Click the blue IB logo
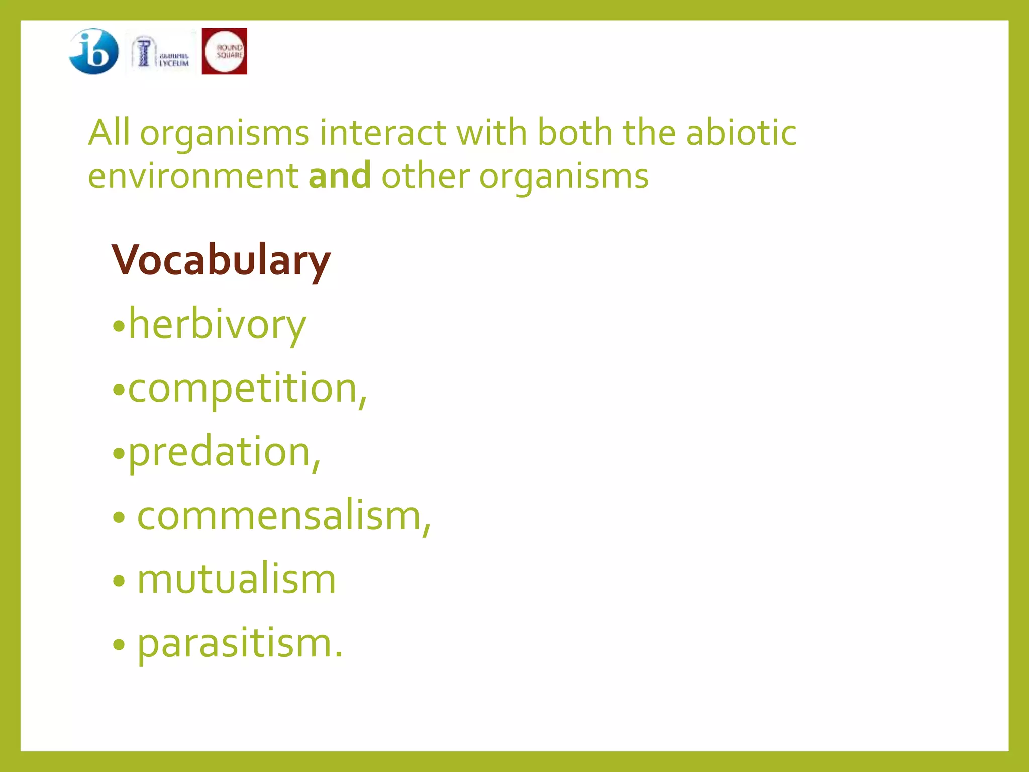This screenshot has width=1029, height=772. click(x=93, y=51)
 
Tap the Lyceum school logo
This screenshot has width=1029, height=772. click(x=160, y=53)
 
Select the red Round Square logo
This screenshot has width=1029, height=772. click(x=224, y=51)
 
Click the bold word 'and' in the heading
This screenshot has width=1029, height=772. click(x=340, y=176)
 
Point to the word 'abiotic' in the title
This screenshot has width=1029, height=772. click(x=741, y=133)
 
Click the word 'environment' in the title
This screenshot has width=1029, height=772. click(x=193, y=176)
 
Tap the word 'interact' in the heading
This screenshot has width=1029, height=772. click(x=382, y=133)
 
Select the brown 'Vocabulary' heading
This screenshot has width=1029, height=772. click(x=221, y=261)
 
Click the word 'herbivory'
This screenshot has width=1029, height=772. click(x=217, y=325)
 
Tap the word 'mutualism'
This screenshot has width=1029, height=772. click(x=236, y=580)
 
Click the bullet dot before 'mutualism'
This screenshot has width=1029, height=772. click(x=119, y=582)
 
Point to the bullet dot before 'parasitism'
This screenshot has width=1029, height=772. click(x=119, y=645)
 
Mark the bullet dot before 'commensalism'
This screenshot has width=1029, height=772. click(x=119, y=518)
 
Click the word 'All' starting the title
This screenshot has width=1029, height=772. click(x=109, y=133)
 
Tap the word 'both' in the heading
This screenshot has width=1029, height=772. click(x=575, y=133)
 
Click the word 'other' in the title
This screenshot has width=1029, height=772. click(x=425, y=176)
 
